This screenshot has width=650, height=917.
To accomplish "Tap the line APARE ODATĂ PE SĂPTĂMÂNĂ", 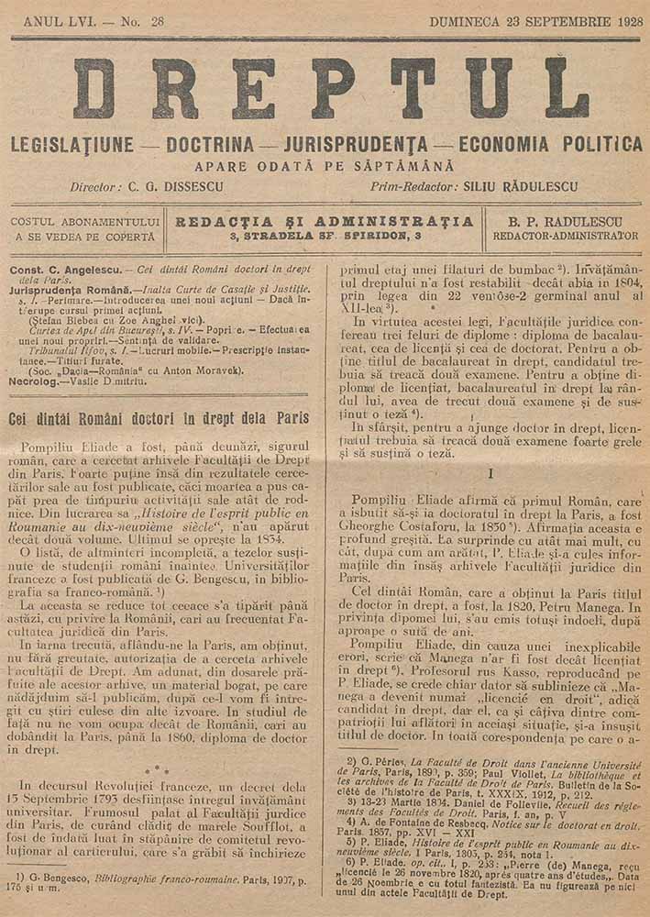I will pyautogui.click(x=325, y=166).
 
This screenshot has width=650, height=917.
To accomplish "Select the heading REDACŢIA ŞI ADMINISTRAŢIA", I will pyautogui.click(x=325, y=221).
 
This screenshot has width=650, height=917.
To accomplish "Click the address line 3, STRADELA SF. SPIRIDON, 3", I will pyautogui.click(x=325, y=236).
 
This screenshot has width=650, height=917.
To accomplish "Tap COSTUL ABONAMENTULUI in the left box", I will pyautogui.click(x=85, y=221).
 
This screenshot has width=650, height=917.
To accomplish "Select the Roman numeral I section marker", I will pyautogui.click(x=492, y=473).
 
